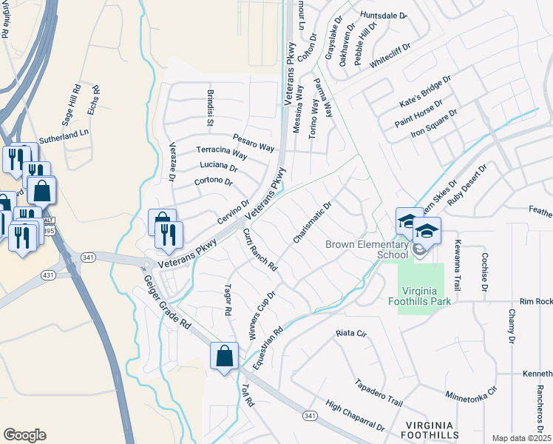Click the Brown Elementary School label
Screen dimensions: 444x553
(367, 249)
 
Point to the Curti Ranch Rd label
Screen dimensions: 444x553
(259, 249)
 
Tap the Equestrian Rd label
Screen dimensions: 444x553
(268, 349)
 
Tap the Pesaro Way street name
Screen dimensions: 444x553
(254, 141)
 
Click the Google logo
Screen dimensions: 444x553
(24, 434)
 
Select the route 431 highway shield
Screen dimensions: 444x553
(49, 275)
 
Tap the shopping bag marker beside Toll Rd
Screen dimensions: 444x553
(224, 357)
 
